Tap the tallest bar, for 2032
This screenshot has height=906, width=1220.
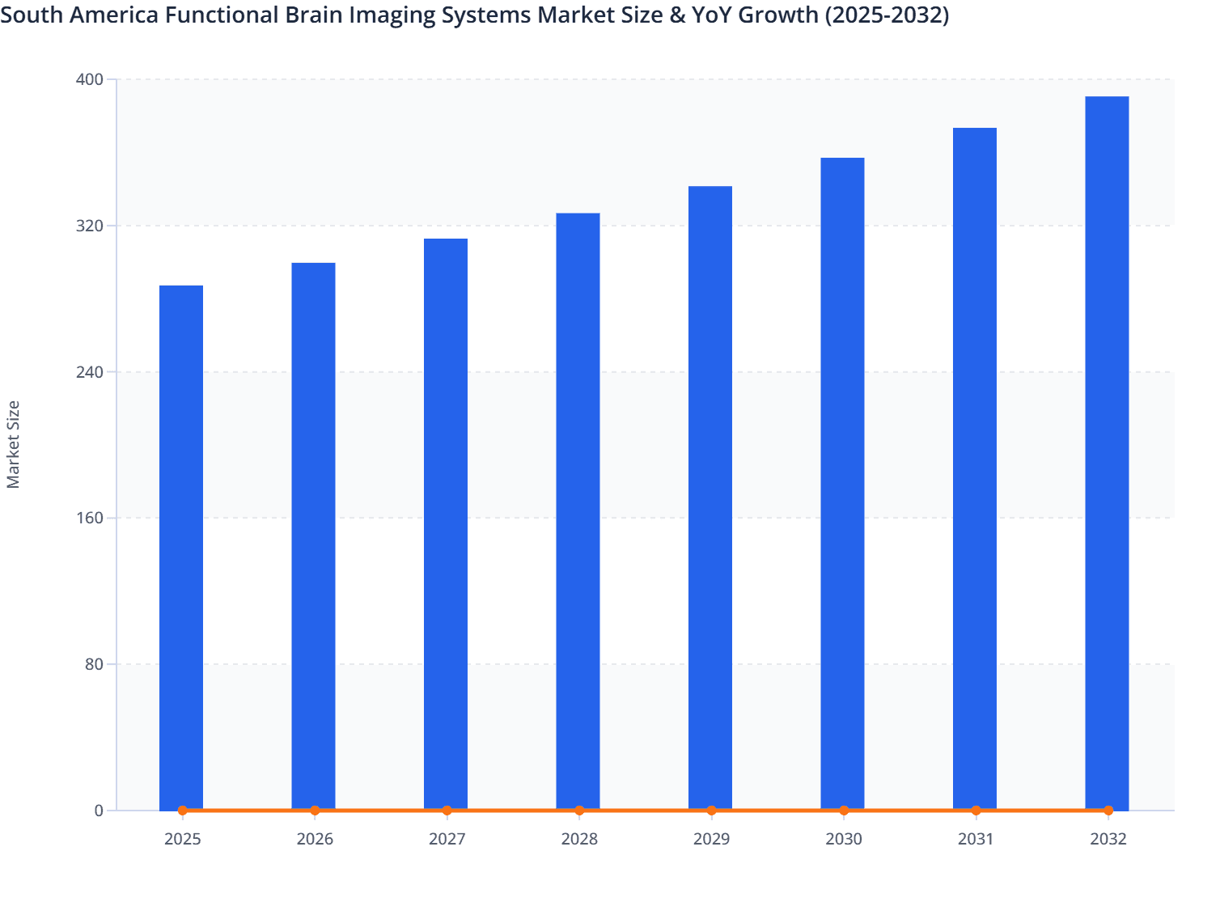(x=1107, y=453)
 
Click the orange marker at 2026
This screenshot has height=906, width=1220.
(x=315, y=810)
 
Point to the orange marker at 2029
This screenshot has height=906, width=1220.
(x=711, y=810)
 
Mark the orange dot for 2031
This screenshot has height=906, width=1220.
(x=976, y=810)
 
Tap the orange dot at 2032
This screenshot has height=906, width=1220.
(x=1108, y=810)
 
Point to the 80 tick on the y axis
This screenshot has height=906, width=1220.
(x=94, y=664)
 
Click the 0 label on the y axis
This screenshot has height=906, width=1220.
(x=99, y=811)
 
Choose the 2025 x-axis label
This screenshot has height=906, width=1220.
(x=182, y=839)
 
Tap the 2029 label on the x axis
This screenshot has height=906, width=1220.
(x=711, y=839)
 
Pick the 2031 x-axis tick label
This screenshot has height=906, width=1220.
(x=976, y=839)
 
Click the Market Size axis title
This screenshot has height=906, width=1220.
(x=13, y=444)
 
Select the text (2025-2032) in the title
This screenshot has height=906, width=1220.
(x=887, y=15)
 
